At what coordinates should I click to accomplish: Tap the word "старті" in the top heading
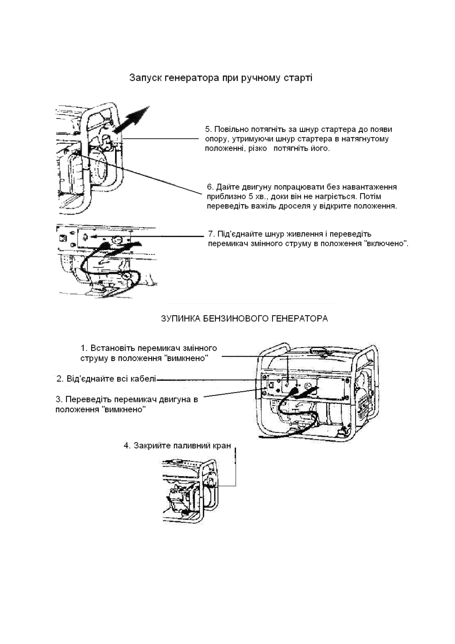coord(299,78)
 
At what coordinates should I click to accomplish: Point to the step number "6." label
coord(210,187)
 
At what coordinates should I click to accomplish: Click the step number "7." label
coord(212,234)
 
